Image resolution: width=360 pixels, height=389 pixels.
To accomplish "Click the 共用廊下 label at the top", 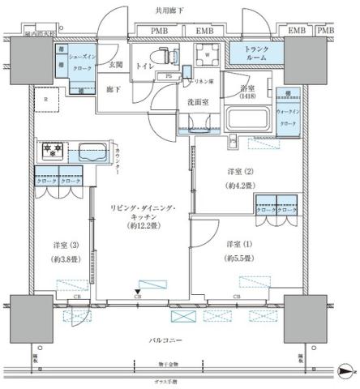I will point(180,11).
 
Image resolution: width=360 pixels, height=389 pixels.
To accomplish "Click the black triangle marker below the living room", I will point(138,291).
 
